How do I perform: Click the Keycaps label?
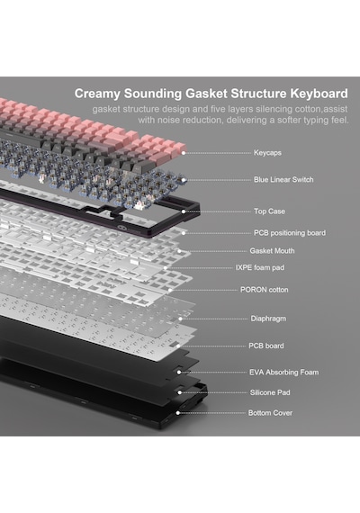pos(267,153)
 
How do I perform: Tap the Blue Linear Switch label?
pos(283,180)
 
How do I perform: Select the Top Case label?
pos(269,211)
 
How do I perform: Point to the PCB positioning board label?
pos(290,233)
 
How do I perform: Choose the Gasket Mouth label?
pos(272,251)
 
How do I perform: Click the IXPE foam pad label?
pos(260,267)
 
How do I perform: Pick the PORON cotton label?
pos(264,290)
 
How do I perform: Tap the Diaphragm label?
pos(268,319)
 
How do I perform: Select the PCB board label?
pos(266,346)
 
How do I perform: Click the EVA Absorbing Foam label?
pos(283,373)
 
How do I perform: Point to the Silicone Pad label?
pos(270,392)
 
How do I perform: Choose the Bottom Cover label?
pos(270,413)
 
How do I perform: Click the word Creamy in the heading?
pos(97,94)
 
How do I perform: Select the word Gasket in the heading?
pos(206,94)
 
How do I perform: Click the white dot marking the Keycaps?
pos(184,153)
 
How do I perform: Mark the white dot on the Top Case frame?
pos(184,211)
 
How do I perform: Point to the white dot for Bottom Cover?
pos(178,413)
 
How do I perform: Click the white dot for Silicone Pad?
pos(179,392)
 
